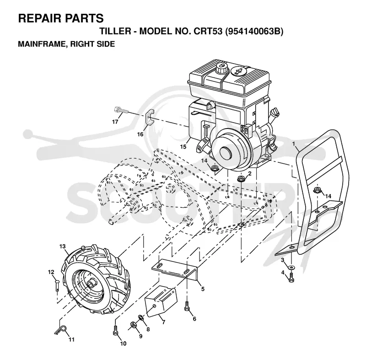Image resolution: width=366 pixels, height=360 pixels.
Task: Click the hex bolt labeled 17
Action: [121, 110]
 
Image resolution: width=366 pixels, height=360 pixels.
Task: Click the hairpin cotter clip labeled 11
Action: [61, 330]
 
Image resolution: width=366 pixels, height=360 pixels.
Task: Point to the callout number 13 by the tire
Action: [62, 247]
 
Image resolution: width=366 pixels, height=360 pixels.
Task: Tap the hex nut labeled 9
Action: [133, 325]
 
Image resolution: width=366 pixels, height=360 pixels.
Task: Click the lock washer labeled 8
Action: [141, 317]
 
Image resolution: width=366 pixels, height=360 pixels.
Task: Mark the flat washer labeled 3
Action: [291, 267]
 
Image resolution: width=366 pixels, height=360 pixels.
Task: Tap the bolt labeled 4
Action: [291, 278]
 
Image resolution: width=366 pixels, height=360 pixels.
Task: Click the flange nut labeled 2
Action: [241, 179]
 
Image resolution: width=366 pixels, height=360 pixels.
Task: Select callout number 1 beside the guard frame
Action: [294, 144]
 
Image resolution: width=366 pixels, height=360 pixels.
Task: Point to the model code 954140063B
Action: [254, 31]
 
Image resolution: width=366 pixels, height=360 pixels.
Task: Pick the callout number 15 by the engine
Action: [183, 146]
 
